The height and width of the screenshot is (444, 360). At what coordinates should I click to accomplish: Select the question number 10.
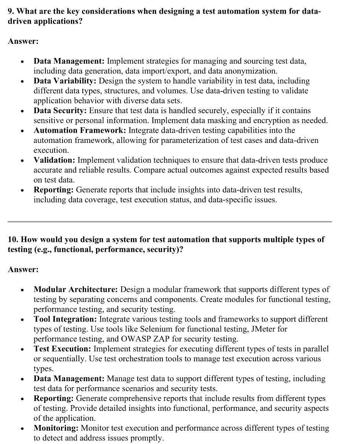tap(13, 240)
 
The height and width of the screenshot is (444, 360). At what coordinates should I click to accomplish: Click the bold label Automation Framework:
tap(80, 131)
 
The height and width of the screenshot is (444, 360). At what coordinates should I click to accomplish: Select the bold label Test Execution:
tap(62, 349)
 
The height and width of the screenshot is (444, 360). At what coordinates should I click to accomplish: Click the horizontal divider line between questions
tap(170, 221)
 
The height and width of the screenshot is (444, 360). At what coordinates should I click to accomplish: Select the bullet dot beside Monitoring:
tap(23, 429)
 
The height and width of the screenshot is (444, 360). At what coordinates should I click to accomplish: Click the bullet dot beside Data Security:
tap(23, 111)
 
